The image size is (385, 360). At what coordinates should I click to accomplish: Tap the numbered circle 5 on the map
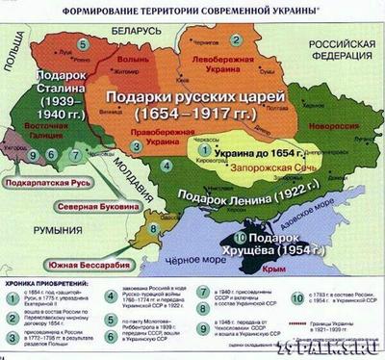pos(85,44)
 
